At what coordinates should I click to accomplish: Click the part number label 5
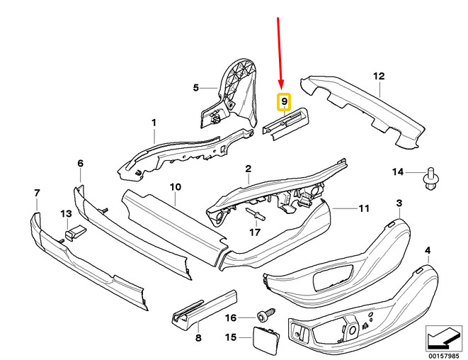tap(196, 88)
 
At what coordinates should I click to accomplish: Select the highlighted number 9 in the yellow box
tap(284, 101)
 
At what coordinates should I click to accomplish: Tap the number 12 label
tap(379, 77)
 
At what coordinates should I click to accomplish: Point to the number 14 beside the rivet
tap(398, 172)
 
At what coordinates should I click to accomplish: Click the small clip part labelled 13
tap(75, 232)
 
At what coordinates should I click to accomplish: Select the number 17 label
tap(255, 232)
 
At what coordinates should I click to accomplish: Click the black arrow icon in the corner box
tap(443, 339)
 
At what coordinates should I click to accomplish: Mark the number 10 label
tap(176, 187)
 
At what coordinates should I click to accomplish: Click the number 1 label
tap(154, 123)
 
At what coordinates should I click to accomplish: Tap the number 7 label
tap(37, 193)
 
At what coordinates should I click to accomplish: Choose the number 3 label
tap(399, 203)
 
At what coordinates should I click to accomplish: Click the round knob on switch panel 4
tap(353, 330)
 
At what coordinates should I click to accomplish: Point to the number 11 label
tap(364, 208)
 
